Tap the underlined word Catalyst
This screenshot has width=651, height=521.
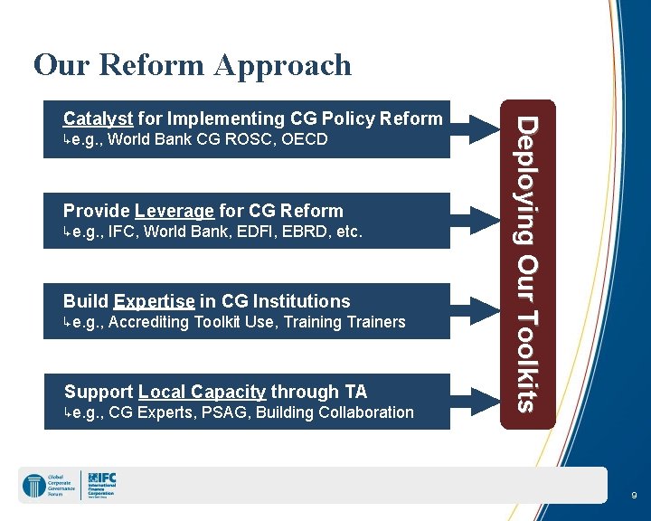click(99, 118)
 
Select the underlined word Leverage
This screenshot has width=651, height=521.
click(175, 211)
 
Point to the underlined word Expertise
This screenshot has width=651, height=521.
click(155, 301)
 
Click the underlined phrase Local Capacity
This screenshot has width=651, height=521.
click(202, 392)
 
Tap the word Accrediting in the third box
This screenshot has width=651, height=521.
click(148, 322)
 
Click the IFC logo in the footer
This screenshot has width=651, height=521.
click(102, 485)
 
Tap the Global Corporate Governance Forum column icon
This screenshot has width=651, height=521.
click(33, 486)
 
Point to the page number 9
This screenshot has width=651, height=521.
click(634, 496)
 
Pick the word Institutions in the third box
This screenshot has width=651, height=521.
click(302, 301)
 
